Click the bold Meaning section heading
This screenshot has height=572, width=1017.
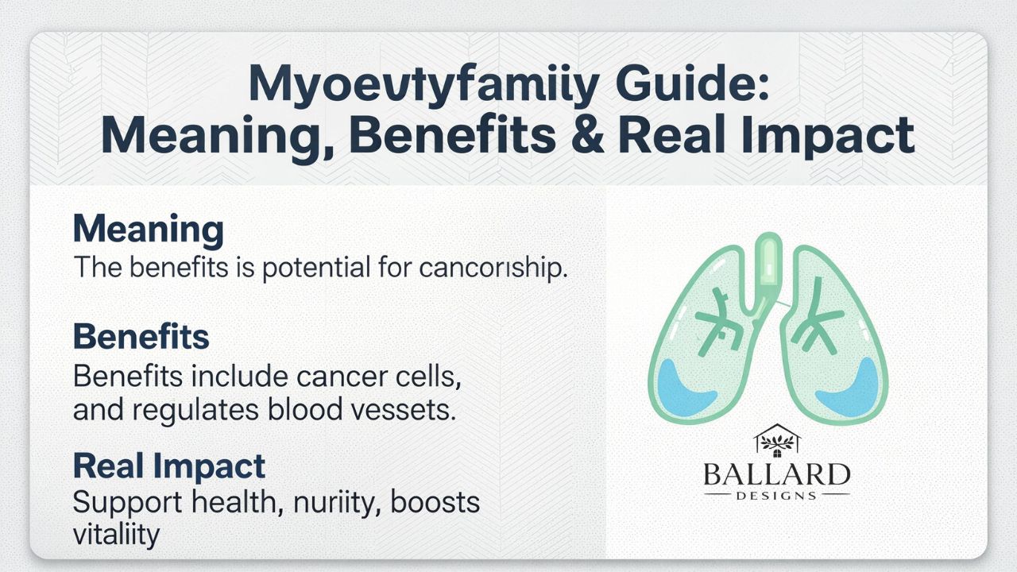coord(148,230)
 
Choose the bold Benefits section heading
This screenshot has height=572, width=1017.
coord(141,337)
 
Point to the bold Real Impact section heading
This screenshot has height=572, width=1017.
coord(168,466)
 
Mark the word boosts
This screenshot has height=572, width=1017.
coord(435,503)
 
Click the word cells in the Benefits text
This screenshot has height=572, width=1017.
coord(432,376)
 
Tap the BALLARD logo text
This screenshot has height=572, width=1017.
coord(775,474)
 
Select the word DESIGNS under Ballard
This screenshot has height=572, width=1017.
coord(775,496)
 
